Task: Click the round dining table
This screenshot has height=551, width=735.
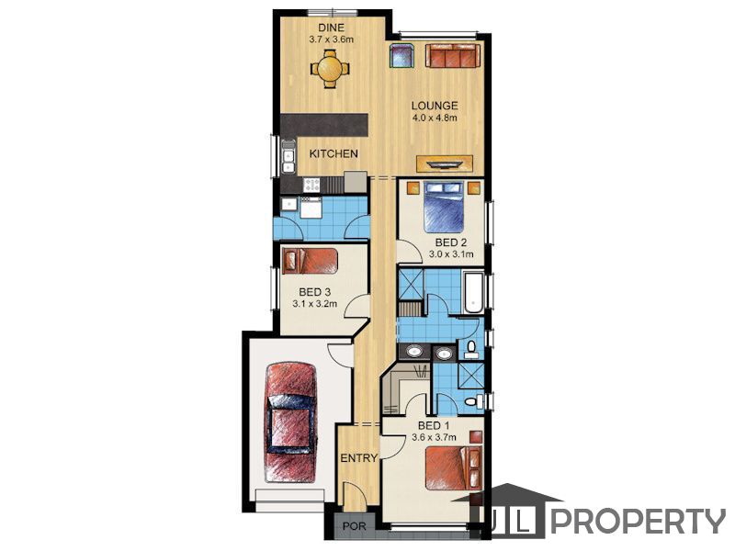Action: tap(331, 70)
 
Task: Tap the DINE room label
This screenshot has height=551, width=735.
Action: tap(331, 28)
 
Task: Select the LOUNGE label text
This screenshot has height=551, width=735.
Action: tap(435, 106)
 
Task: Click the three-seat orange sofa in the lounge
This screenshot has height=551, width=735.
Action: tap(453, 55)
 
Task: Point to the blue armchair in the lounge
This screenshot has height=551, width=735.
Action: tap(401, 55)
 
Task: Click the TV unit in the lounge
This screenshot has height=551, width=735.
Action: tap(445, 163)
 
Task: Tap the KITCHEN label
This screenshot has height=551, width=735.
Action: tap(334, 153)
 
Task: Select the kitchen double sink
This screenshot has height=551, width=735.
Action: tap(288, 161)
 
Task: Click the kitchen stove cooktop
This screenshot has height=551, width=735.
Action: tap(311, 185)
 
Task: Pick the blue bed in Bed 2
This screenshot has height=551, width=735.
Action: tap(444, 207)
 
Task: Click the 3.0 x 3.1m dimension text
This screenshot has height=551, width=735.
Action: tap(451, 254)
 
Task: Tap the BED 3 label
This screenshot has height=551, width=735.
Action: tap(314, 292)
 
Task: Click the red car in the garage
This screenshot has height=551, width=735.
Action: tap(290, 422)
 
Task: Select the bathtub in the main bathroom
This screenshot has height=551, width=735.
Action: tap(473, 292)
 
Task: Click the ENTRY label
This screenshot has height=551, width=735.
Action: tap(359, 458)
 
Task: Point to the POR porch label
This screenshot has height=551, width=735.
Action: tap(355, 526)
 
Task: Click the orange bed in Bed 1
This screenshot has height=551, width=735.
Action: tap(454, 468)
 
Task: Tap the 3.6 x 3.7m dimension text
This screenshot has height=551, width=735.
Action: tap(434, 438)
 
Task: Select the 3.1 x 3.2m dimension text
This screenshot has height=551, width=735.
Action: tap(314, 304)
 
